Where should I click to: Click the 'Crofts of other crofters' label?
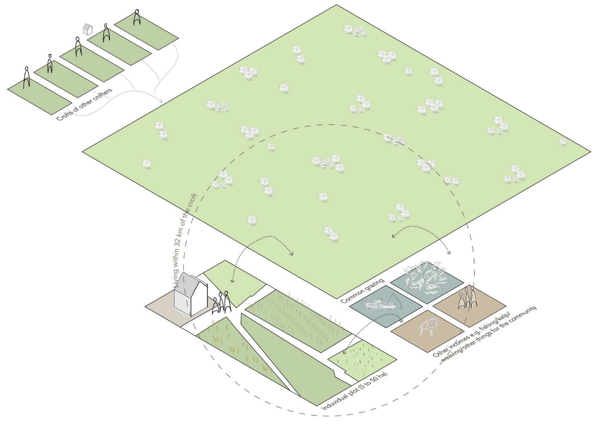pos(85,105)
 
